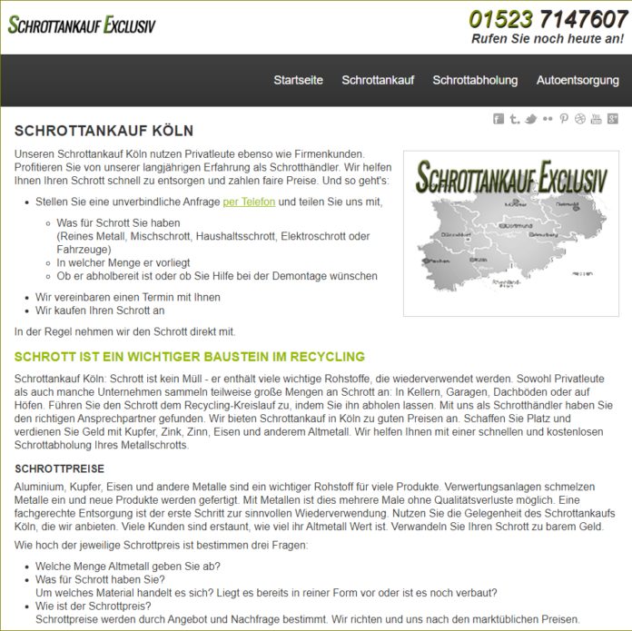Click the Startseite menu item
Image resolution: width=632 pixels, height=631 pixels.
point(298,80)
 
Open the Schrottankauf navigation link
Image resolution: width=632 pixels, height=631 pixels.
point(378,80)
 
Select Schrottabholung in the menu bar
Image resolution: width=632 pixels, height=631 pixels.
point(475,80)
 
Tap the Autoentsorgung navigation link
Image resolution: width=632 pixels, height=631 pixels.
point(578,80)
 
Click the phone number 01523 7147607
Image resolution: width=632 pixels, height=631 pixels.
point(548,19)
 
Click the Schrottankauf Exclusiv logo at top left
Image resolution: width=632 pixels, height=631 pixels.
point(82,25)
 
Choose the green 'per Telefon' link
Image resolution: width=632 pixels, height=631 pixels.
point(249,202)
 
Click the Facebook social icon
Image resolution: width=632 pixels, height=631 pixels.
point(499,119)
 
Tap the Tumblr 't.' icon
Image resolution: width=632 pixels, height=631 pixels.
point(515,119)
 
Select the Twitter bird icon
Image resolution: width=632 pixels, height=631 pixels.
point(531,119)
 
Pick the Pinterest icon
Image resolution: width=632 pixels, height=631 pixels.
point(564,119)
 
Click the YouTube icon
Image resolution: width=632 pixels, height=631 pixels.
point(597,119)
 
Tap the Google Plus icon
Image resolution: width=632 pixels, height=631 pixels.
point(613,119)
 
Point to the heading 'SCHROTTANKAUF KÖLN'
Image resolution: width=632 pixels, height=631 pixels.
point(104,131)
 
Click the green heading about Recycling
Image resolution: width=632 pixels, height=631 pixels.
point(189,356)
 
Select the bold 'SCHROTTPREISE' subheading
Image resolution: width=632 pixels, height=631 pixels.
point(60,468)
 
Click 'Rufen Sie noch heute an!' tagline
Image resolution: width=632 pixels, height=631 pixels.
point(548,39)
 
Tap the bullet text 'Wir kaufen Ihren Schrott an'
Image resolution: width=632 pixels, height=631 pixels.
point(100,311)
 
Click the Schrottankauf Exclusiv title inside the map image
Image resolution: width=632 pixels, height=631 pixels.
point(511,177)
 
